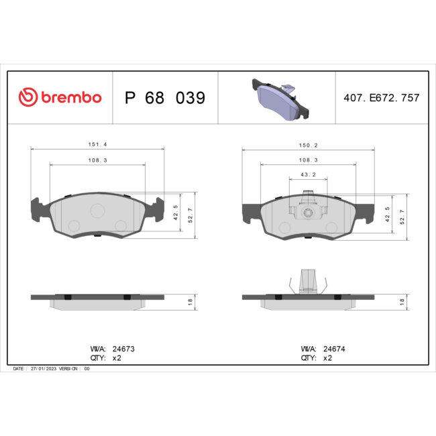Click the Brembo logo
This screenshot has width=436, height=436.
point(60,97)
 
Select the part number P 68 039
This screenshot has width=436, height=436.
point(165,98)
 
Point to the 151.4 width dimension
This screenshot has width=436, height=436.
point(98,144)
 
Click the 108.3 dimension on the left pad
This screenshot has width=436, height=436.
point(98,159)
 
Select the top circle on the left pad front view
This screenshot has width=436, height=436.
point(97,211)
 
